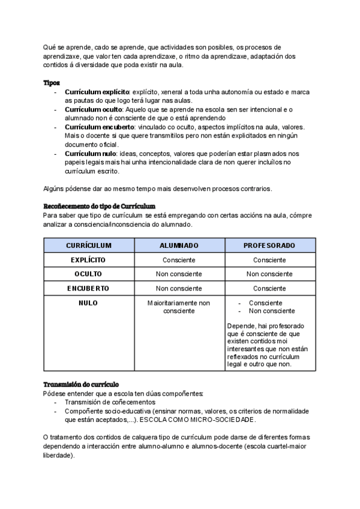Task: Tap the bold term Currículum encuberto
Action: (98, 127)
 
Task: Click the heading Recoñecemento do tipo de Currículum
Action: (99, 206)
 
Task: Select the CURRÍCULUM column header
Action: (88, 245)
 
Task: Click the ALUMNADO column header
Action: (179, 245)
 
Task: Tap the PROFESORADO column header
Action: (269, 245)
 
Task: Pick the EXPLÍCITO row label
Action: (88, 260)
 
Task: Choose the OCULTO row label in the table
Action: (88, 274)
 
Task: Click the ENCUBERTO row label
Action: (88, 288)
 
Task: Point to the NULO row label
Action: (88, 303)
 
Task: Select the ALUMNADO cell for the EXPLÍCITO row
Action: (179, 260)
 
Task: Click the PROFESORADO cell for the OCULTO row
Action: (269, 274)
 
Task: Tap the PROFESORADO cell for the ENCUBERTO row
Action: (269, 288)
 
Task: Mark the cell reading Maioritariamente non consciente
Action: (179, 307)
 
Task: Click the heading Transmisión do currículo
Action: (81, 384)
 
